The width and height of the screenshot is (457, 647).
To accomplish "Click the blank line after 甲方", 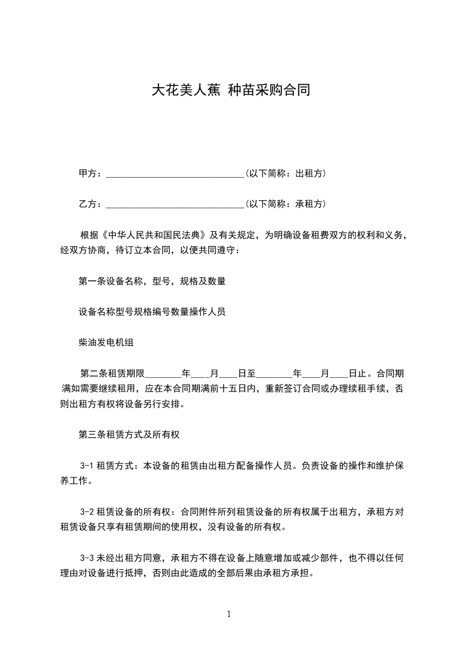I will point(175,174).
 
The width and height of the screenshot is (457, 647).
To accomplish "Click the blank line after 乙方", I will point(175,204).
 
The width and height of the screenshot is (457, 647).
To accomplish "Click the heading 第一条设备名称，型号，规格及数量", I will point(152,281).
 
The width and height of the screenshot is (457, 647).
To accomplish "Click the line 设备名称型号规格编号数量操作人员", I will point(152,312).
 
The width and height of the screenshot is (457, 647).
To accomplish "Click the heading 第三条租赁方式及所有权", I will point(130,435).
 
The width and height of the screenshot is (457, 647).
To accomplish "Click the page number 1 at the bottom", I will point(229,614).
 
